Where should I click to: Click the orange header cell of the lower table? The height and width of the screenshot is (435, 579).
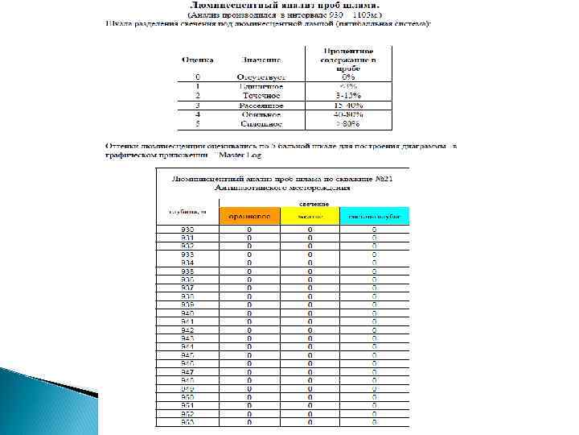coord(249,216)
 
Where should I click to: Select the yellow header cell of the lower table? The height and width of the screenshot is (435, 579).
coord(310,216)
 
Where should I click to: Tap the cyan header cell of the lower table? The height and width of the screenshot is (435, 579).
coord(374,216)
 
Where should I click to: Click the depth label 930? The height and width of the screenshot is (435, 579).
coord(187,230)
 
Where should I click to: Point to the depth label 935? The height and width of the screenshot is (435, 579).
coord(187,271)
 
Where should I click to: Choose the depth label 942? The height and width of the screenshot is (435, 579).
coord(187,330)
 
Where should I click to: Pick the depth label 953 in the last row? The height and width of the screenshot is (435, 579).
coord(187,421)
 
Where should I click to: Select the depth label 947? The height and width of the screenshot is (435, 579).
coord(187,372)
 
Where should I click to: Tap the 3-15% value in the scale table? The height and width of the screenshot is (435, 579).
coord(348,95)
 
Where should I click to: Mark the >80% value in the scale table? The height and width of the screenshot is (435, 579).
coord(348,124)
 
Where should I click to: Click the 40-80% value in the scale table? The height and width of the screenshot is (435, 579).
coord(348,114)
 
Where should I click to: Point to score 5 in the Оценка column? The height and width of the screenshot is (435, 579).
coord(197,124)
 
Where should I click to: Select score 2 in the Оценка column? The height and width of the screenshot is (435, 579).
coord(197,95)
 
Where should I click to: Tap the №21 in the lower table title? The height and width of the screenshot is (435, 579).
coord(376,177)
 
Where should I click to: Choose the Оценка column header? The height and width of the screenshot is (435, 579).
coord(197,60)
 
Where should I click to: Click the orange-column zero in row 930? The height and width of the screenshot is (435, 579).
coord(249,230)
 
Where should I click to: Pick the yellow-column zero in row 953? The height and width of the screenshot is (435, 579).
coord(310,421)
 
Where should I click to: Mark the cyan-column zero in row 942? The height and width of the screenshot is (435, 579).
coord(374,330)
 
